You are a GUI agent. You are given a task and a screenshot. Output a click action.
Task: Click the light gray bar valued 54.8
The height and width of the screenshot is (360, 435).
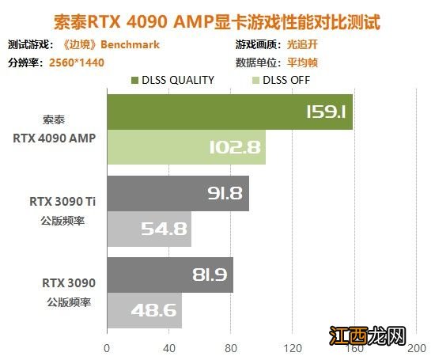[149, 229]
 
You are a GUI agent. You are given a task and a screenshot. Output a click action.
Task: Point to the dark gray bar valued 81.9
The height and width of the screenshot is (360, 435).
[169, 275]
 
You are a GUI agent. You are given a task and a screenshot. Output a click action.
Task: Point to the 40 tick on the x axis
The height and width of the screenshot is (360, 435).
[168, 346]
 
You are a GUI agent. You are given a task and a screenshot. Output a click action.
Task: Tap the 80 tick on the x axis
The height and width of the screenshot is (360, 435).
[231, 346]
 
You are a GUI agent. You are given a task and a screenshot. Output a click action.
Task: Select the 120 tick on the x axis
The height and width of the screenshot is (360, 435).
[293, 346]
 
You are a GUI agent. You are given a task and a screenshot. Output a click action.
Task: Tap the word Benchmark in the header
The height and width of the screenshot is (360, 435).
[133, 45]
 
